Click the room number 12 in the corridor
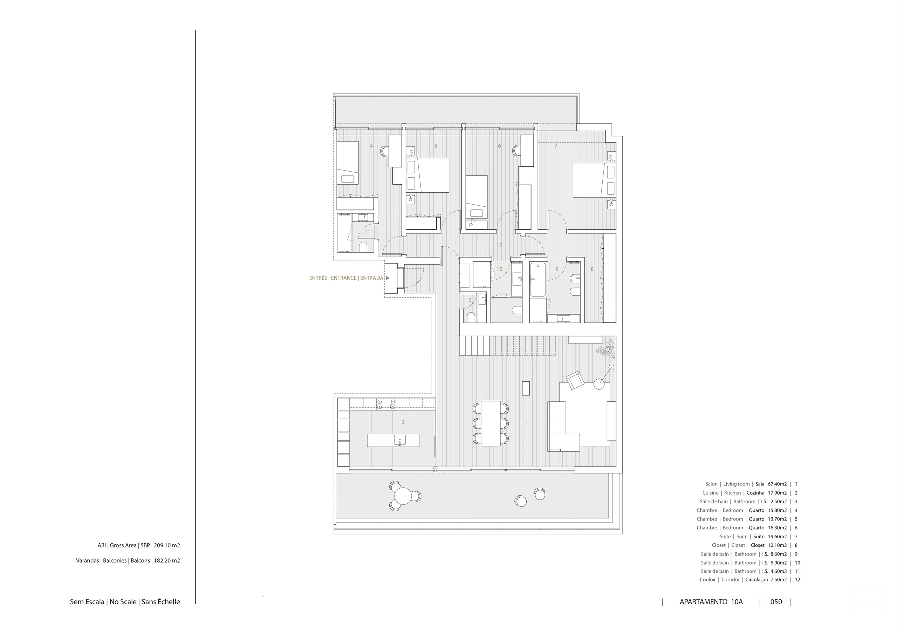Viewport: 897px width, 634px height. click(499, 245)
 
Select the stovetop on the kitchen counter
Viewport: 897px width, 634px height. click(386, 404)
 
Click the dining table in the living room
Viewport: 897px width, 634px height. click(491, 423)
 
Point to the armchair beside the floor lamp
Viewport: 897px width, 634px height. click(575, 380)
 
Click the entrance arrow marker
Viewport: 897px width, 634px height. click(388, 278)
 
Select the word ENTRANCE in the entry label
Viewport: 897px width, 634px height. click(344, 278)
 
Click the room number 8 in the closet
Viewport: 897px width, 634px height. click(592, 269)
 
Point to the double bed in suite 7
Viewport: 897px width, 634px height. click(594, 180)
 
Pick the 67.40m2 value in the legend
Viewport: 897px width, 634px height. click(777, 484)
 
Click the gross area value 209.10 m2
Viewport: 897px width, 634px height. click(167, 545)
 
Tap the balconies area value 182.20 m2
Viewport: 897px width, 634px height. click(167, 560)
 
